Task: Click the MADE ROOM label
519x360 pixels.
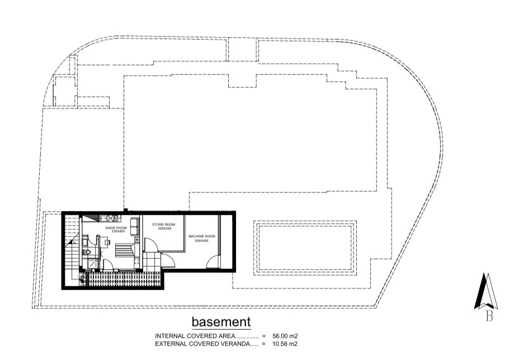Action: pos(116,228)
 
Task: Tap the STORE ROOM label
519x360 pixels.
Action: pos(163,224)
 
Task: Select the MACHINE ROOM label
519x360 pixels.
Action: pos(201,236)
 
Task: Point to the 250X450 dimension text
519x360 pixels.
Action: pos(201,240)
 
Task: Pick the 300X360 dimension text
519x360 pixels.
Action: pos(164,228)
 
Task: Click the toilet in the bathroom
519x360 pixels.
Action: pos(87,253)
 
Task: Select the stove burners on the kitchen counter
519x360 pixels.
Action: pos(113,218)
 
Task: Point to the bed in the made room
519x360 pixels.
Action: pos(125,250)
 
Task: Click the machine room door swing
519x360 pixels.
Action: pos(213,262)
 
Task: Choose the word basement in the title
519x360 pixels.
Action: pos(221,321)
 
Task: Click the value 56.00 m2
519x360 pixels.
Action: pos(285,336)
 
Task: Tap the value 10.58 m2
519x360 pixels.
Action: pos(285,343)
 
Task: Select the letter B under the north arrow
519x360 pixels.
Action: pos(489,316)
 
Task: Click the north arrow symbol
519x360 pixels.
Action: pos(486,291)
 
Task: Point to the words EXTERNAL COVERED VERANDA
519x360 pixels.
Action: pos(202,343)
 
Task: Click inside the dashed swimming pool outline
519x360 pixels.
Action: pos(305,248)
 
